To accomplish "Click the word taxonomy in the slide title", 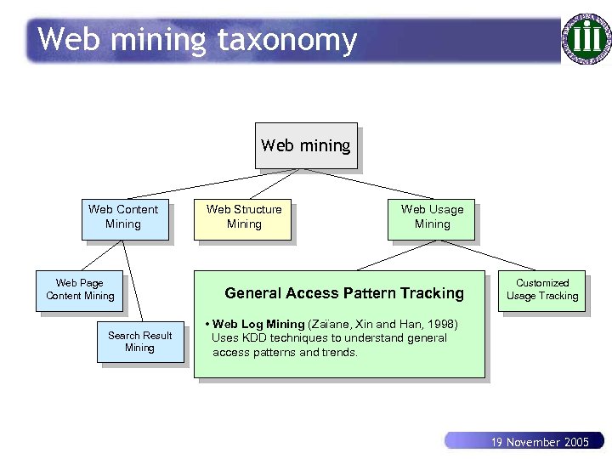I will (x=286, y=40).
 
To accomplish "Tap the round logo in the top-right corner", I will (x=585, y=38).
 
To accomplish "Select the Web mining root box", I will (x=306, y=146).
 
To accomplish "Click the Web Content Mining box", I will (x=124, y=218).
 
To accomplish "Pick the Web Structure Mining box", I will (x=244, y=218).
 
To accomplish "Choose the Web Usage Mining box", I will (x=432, y=218).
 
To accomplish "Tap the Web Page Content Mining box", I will (x=80, y=290).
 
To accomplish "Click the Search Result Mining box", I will (x=140, y=342).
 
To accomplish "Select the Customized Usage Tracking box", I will (x=542, y=290).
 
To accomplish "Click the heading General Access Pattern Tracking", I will (x=343, y=293).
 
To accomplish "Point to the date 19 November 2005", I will (x=540, y=442).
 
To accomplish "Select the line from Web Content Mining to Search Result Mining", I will (x=132, y=281).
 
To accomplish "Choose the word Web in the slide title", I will (x=64, y=40).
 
